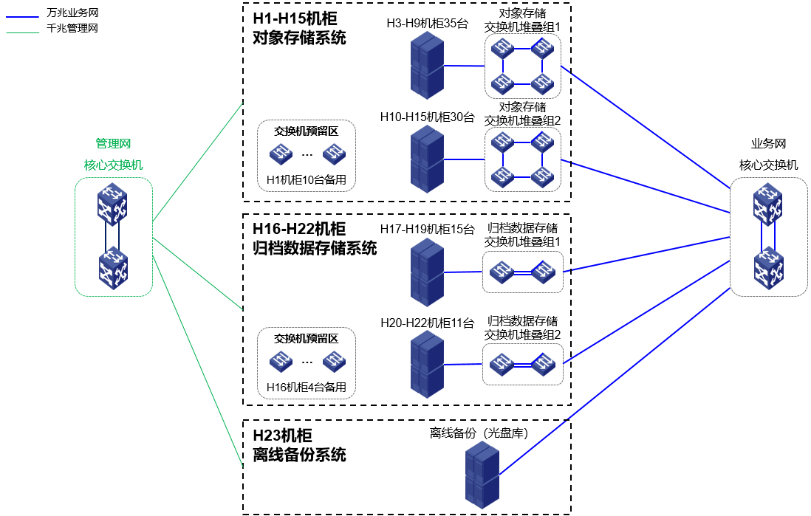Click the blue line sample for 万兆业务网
point(22,13)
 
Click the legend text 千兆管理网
point(72,29)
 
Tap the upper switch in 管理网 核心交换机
point(113,204)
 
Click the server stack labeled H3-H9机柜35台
point(428,66)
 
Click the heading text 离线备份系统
point(299,455)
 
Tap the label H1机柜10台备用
point(307,179)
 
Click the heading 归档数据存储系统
point(315,248)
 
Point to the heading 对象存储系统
point(299,38)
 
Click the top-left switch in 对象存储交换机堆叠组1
point(504,49)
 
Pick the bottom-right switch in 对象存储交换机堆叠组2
point(543,176)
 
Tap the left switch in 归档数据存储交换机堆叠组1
point(502,272)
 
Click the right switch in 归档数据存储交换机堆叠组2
point(543,363)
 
